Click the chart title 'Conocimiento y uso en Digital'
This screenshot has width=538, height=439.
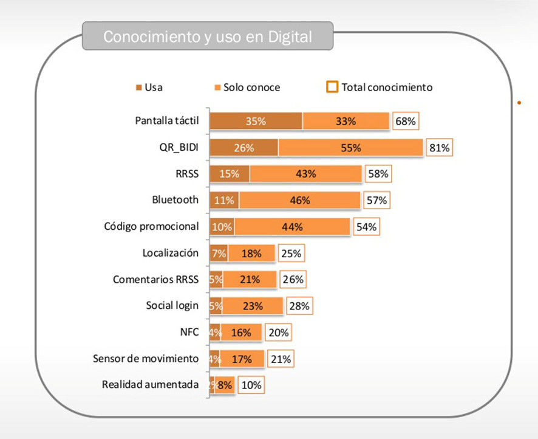[x=207, y=36]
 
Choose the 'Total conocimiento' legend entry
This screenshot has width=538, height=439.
[x=380, y=87]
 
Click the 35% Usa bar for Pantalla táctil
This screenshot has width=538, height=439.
[x=256, y=121]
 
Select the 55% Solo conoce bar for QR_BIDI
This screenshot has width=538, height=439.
[x=350, y=148]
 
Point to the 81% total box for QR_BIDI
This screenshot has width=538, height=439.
[x=439, y=148]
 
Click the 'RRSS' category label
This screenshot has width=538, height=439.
[x=186, y=173]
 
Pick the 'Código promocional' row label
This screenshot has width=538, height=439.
[x=151, y=226]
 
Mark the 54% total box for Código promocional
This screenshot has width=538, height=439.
[x=367, y=227]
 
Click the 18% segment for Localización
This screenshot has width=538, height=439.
[x=251, y=253]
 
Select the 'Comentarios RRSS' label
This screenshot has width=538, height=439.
[x=155, y=279]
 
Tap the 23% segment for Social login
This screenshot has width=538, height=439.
[x=253, y=306]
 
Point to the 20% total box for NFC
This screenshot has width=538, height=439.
[x=278, y=332]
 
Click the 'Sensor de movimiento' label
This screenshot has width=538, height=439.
[x=146, y=358]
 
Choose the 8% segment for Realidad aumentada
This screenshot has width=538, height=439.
[x=225, y=384]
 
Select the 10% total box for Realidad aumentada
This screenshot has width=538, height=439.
[x=252, y=385]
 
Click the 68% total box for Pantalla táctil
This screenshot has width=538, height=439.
[x=405, y=121]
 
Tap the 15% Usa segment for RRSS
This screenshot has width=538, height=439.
[x=229, y=173]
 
